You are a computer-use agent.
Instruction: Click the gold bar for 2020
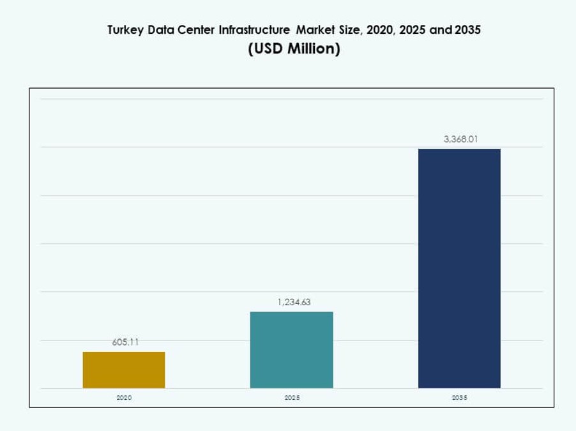[124, 370]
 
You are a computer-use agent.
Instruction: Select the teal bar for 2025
[291, 350]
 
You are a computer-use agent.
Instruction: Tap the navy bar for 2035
[459, 268]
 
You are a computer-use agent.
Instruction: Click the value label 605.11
[125, 342]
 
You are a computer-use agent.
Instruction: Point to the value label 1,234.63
[294, 302]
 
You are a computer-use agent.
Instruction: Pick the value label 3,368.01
[461, 139]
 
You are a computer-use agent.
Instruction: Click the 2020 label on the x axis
[124, 397]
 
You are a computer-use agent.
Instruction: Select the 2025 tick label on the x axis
[292, 397]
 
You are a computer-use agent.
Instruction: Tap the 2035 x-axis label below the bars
[459, 397]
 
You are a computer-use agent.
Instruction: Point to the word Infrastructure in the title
[254, 30]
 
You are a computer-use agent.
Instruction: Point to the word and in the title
[440, 30]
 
